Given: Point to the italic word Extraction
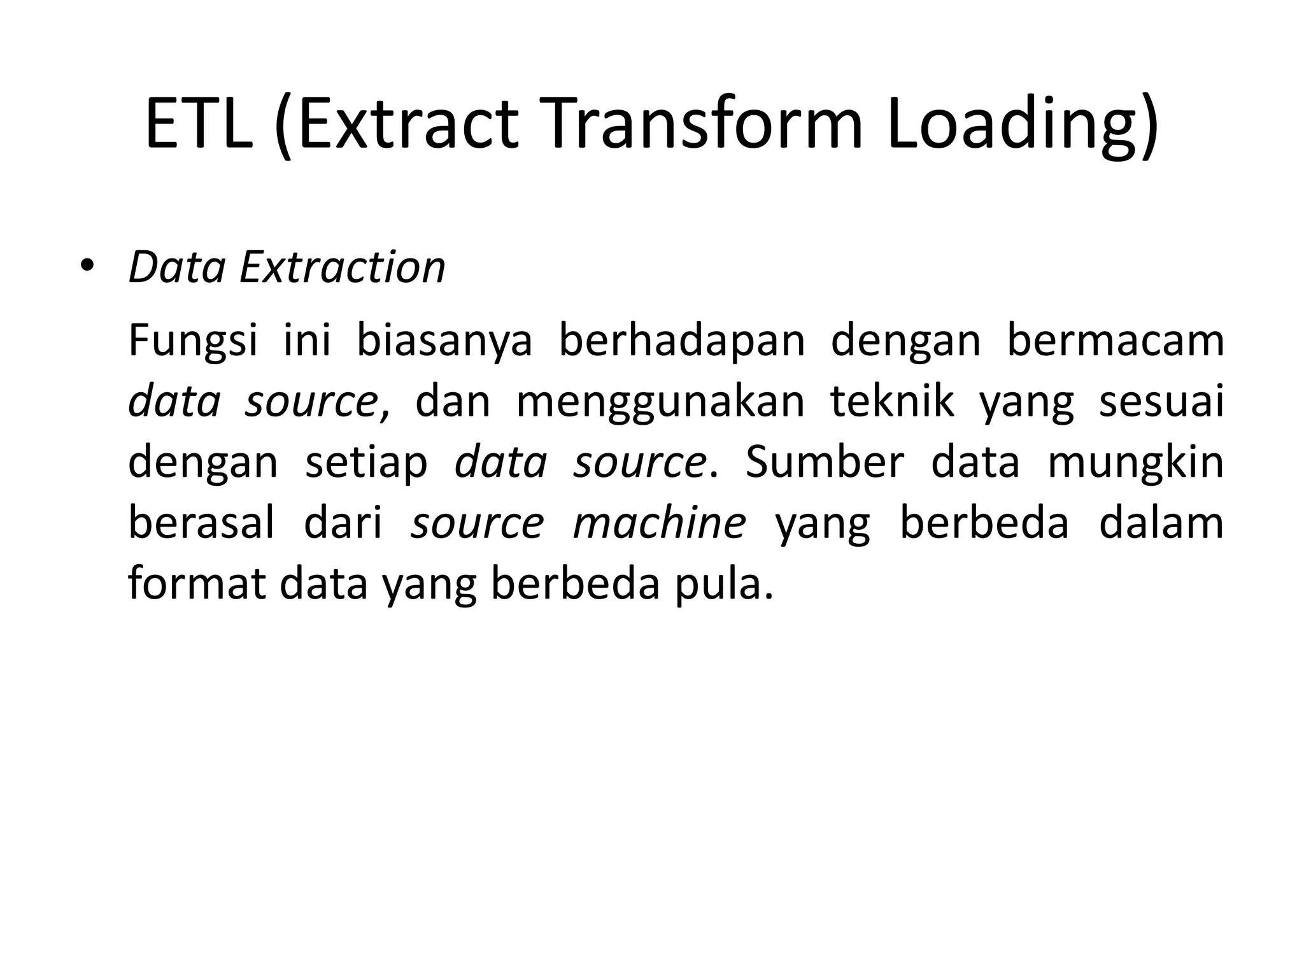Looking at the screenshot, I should pyautogui.click(x=342, y=267).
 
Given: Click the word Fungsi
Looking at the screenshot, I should pyautogui.click(x=193, y=341).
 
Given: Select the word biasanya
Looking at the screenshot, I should pyautogui.click(x=444, y=341).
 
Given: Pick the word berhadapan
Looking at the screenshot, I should pyautogui.click(x=682, y=341).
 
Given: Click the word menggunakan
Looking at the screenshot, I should pyautogui.click(x=660, y=402).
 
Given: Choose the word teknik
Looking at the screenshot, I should pyautogui.click(x=892, y=402).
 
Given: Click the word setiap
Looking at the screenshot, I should pyautogui.click(x=366, y=463).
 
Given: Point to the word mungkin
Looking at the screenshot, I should pyautogui.click(x=1135, y=463).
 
